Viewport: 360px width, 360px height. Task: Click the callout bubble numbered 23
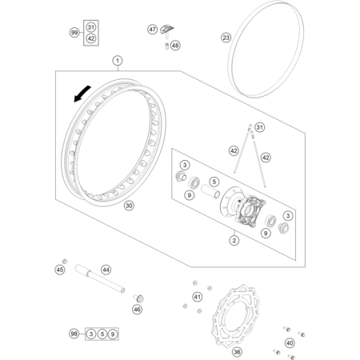226,38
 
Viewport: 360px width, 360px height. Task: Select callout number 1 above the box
118,61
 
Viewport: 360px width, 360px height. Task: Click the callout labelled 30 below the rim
129,206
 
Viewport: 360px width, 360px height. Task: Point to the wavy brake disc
237,315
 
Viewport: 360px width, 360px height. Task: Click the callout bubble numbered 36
237,352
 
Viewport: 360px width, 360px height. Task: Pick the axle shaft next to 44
100,278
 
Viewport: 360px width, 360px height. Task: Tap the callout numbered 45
60,270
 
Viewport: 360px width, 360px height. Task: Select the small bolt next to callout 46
138,298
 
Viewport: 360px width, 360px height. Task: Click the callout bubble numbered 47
153,29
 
